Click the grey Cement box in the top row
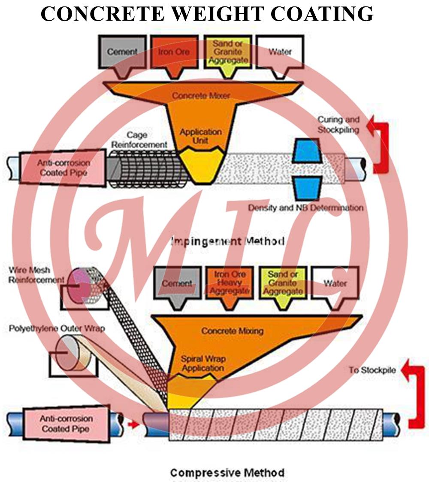click(x=122, y=52)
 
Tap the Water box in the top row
click(x=280, y=52)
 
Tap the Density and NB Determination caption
click(x=306, y=208)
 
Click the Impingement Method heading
click(x=228, y=241)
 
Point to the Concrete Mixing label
click(x=232, y=331)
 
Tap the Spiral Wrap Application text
click(x=203, y=363)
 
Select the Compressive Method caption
click(x=227, y=473)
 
